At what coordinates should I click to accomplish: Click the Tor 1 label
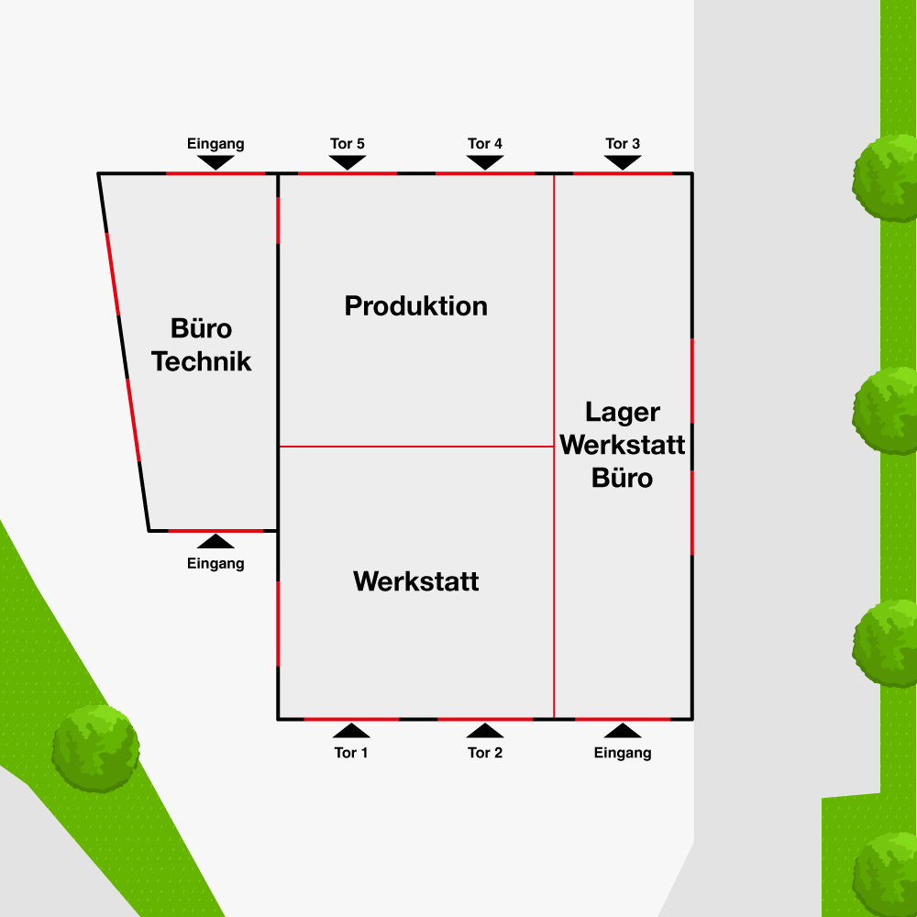tap(351, 753)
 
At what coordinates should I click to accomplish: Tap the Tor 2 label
tap(485, 753)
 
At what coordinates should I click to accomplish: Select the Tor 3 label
tap(623, 144)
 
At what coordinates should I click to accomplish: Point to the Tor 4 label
tap(485, 144)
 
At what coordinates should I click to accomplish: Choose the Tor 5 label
tap(348, 144)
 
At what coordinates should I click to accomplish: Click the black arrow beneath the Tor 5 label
tap(348, 161)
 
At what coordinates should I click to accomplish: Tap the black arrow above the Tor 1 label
tap(351, 731)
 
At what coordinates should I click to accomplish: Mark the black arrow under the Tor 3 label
tap(623, 161)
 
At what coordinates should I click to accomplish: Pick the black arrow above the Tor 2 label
tap(485, 731)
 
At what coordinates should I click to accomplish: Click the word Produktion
tap(416, 305)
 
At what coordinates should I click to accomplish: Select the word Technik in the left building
tap(202, 360)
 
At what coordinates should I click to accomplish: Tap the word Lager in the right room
tap(623, 413)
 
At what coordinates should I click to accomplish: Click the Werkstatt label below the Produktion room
tap(416, 581)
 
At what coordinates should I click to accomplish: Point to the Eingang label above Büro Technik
tap(215, 144)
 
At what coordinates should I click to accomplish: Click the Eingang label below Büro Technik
tap(215, 563)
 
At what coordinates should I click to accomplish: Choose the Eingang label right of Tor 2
tap(623, 753)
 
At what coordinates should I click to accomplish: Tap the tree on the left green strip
tap(95, 747)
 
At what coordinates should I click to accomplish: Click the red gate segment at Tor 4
tap(484, 172)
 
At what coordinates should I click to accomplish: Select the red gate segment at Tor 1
tap(351, 719)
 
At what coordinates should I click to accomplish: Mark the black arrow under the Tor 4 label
tap(485, 161)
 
